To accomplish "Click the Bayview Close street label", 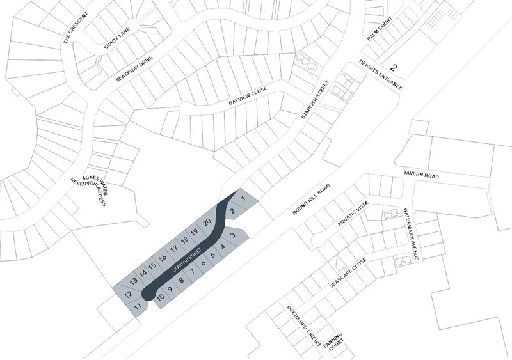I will coord(247,97).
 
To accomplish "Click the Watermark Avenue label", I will coord(415,233).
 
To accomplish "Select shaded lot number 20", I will coord(206,223).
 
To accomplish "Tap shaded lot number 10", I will coord(161,296).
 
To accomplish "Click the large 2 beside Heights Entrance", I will coord(394,67).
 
